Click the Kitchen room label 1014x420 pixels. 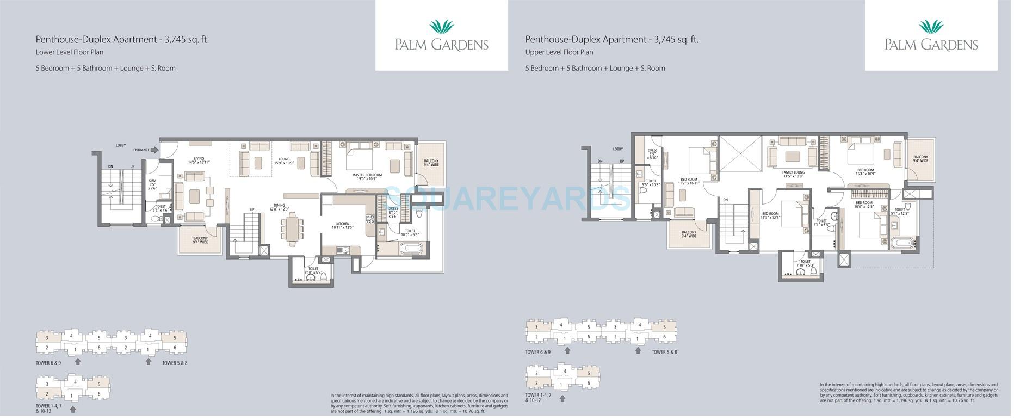[x=344, y=225]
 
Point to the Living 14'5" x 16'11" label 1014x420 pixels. [x=199, y=160]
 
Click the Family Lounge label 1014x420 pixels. [x=794, y=174]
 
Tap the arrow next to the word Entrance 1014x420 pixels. [x=154, y=150]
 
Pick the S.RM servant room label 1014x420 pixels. [x=153, y=183]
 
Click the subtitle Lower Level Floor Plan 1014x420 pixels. [x=70, y=53]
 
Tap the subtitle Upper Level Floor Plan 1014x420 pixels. [x=559, y=53]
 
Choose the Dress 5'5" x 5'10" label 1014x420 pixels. [x=653, y=154]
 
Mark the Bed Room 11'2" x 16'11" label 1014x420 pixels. [x=689, y=181]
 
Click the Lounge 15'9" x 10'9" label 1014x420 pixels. [x=284, y=161]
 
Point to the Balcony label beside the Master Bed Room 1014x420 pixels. [x=431, y=163]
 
